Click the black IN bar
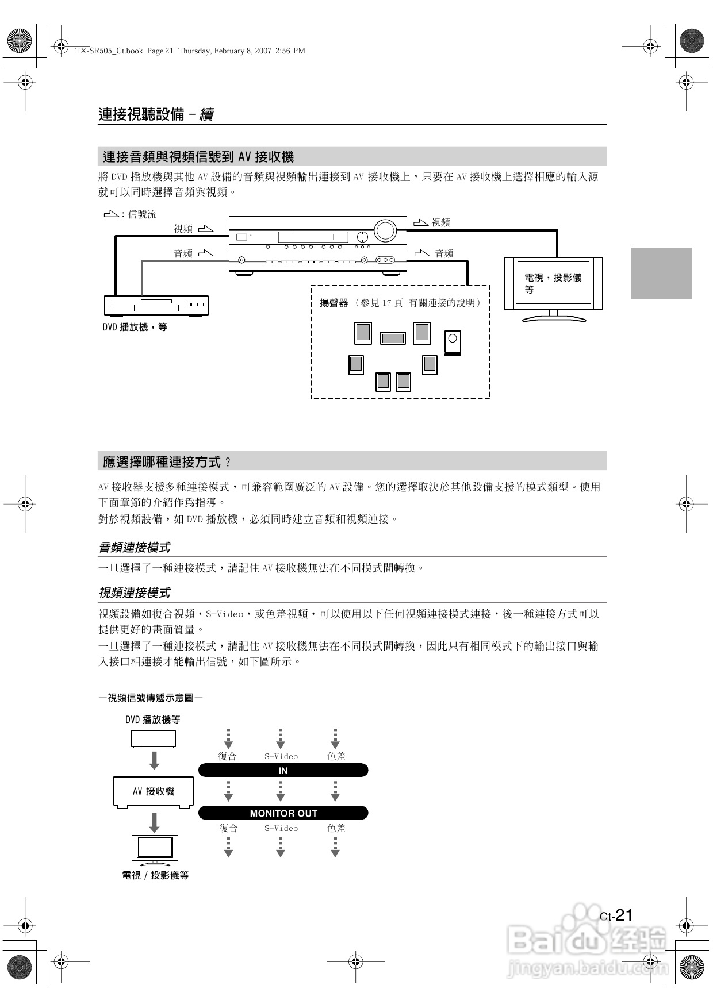(283, 771)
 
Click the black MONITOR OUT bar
(283, 813)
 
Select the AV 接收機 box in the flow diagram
(154, 791)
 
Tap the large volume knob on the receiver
(385, 230)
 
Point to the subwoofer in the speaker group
(453, 343)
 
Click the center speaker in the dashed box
(393, 338)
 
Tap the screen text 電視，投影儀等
(553, 283)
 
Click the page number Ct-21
(616, 915)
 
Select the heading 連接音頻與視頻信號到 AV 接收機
(198, 156)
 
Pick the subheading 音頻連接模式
(135, 548)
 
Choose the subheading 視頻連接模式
(135, 593)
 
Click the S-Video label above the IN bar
(281, 756)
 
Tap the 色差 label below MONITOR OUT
(336, 828)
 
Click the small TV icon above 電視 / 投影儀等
(154, 849)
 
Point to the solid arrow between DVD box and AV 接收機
(154, 760)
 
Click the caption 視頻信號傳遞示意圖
(150, 698)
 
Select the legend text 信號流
(142, 214)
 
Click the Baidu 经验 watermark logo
(586, 942)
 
